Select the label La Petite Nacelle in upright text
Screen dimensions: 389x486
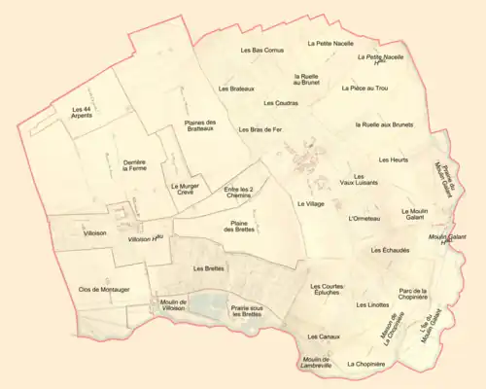coord(328,44)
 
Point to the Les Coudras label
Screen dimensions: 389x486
coord(280,102)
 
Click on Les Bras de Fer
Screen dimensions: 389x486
coord(260,129)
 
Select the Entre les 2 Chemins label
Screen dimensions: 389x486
coord(238,193)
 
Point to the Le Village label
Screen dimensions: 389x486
coord(310,204)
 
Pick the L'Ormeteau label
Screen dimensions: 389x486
coord(363,219)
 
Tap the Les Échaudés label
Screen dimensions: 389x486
coord(363,250)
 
